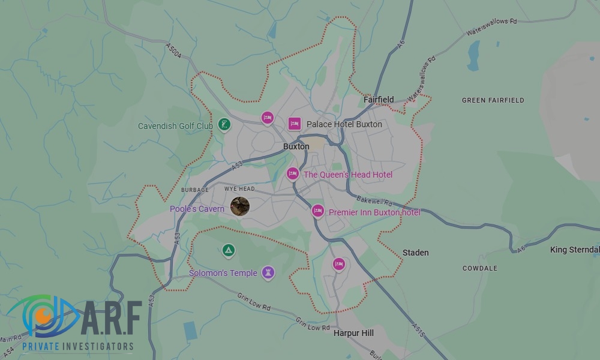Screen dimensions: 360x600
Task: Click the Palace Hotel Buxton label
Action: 344,124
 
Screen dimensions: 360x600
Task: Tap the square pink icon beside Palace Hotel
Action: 294,124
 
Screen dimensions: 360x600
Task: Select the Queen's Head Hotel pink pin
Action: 292,173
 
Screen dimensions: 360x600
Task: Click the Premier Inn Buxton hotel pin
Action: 317,211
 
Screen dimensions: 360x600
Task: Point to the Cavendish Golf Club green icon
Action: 223,125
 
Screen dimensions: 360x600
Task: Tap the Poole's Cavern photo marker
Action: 240,206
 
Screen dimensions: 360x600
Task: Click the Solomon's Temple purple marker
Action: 268,272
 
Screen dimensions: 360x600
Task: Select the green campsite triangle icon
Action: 228,250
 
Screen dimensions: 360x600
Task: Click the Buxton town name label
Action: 296,146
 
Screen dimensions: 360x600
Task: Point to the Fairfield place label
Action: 379,100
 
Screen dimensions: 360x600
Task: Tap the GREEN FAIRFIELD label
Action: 493,100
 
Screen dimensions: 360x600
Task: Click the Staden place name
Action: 415,253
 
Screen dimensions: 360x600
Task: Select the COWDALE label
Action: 479,268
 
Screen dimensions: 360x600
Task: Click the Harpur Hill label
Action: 353,333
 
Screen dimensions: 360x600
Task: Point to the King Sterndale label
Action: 574,250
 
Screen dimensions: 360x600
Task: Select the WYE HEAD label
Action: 239,189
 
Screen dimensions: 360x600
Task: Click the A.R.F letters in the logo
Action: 110,319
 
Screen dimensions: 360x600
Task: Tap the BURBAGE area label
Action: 194,190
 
